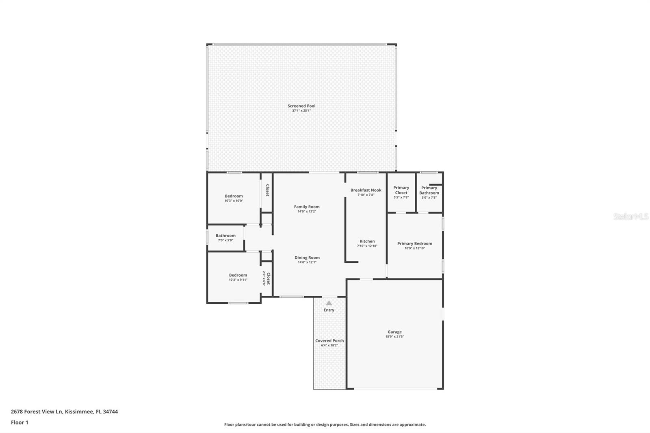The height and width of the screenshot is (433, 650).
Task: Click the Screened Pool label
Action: point(301,106)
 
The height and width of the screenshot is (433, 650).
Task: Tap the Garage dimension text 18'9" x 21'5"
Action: point(394,337)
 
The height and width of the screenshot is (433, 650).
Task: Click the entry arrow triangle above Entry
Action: point(329,303)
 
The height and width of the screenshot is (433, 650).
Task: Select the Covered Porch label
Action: point(329,341)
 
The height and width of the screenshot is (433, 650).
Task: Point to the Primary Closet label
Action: point(401,190)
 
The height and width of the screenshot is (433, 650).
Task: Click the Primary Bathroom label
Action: point(429,190)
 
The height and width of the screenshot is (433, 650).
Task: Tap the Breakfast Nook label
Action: point(366,190)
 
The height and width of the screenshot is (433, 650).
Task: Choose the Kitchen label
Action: point(367,241)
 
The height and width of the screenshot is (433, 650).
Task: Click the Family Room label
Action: point(307,207)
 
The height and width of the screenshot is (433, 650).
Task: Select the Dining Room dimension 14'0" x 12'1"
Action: point(307,262)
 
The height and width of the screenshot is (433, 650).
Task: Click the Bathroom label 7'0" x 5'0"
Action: point(225,236)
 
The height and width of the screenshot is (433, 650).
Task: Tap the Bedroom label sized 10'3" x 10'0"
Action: point(234,196)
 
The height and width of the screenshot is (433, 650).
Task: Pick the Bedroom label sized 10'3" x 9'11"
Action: point(238,275)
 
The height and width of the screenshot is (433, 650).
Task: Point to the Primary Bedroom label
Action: point(414,244)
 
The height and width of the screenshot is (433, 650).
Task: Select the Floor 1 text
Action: point(19,422)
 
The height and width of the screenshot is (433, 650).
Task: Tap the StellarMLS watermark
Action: point(630,217)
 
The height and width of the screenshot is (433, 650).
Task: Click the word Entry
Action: point(329,310)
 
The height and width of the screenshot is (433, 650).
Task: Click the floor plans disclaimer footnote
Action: point(325,424)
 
